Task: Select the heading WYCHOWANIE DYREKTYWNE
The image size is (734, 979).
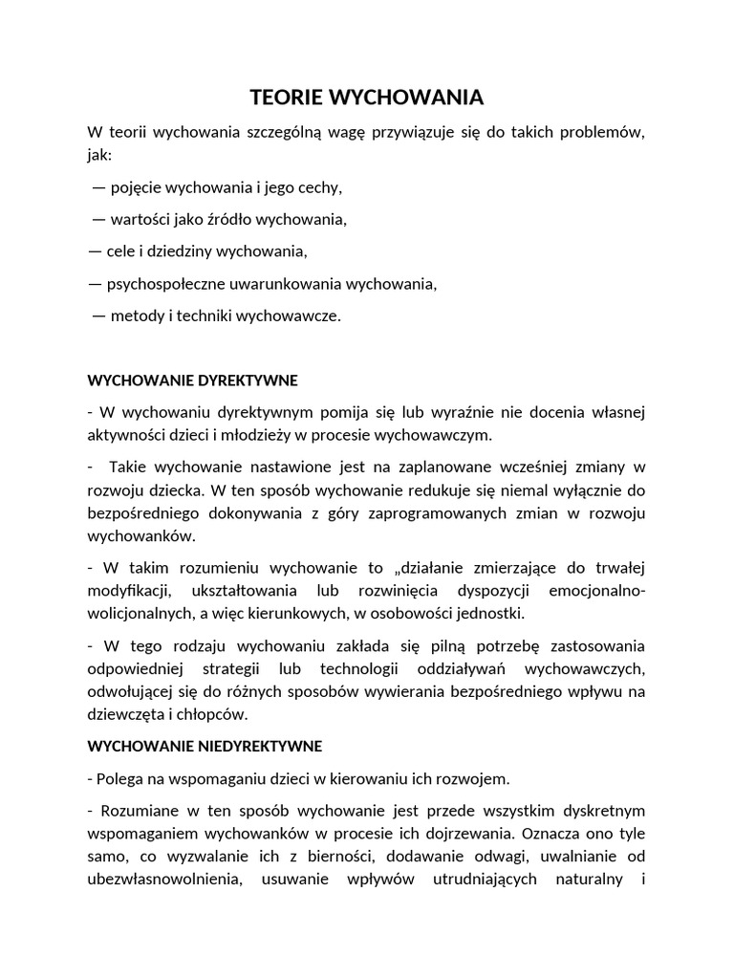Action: [x=192, y=381]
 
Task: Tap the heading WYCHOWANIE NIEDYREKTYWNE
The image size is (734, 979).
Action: [x=205, y=745]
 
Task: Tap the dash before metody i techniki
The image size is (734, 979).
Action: [x=98, y=316]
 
